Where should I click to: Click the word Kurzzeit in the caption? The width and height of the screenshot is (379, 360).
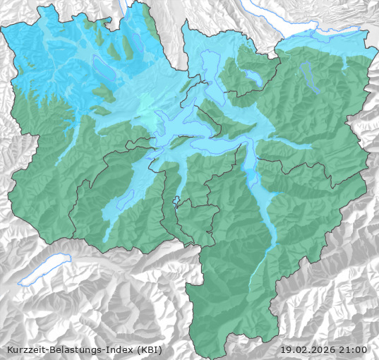tap(25, 349)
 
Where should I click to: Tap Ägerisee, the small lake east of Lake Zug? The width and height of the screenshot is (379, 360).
tap(253, 76)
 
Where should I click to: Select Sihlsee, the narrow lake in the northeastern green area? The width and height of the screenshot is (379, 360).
tap(307, 71)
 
